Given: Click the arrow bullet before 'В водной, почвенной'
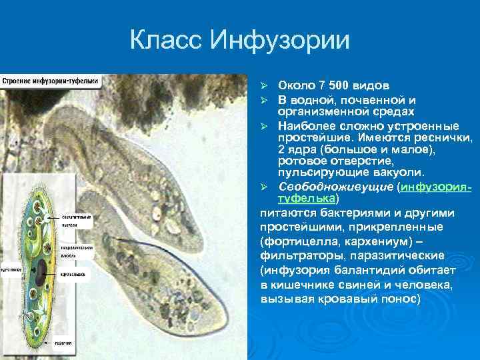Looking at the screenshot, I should point(264,99).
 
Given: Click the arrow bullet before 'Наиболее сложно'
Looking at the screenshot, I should point(264,125).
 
